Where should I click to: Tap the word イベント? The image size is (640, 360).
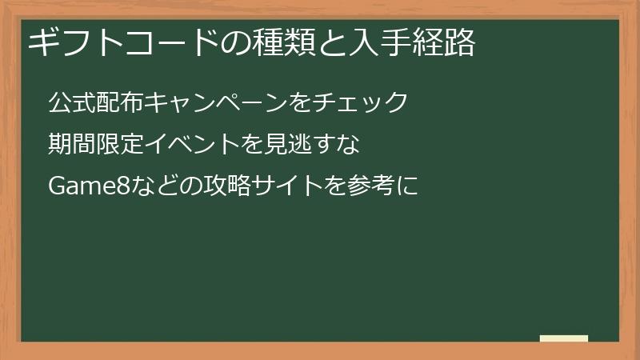[x=194, y=145]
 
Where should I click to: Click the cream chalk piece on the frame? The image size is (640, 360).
[x=564, y=338]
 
